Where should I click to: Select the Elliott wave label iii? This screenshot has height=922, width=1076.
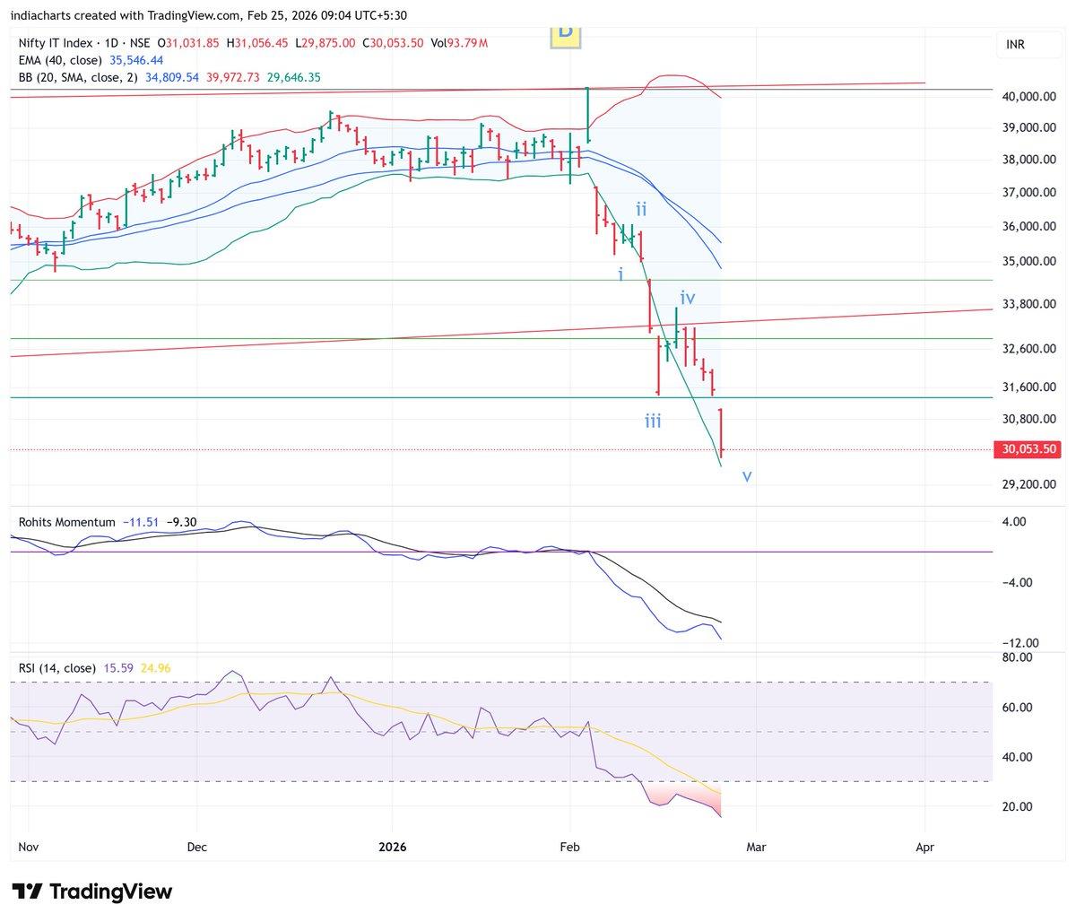pyautogui.click(x=653, y=421)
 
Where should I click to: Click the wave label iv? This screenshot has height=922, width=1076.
pyautogui.click(x=688, y=297)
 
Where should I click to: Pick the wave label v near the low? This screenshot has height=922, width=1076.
pyautogui.click(x=746, y=476)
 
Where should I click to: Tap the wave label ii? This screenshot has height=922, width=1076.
pyautogui.click(x=642, y=209)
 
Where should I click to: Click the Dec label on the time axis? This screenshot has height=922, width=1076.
pyautogui.click(x=197, y=846)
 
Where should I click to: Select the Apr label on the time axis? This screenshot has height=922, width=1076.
pyautogui.click(x=924, y=846)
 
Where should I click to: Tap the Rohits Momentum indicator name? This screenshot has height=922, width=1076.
pyautogui.click(x=67, y=522)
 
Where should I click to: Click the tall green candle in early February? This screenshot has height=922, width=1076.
pyautogui.click(x=587, y=115)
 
